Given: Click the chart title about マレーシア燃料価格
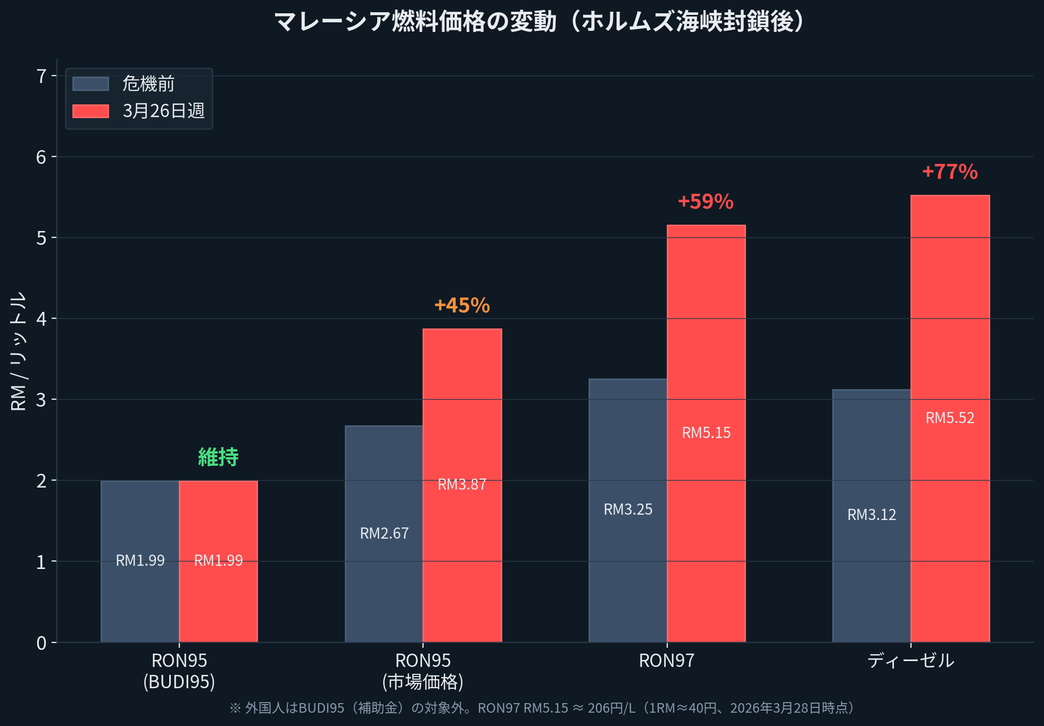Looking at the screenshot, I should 540,22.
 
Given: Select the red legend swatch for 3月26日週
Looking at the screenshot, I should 90,111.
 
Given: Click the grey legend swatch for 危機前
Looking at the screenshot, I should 90,84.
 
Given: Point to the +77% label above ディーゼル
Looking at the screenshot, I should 950,172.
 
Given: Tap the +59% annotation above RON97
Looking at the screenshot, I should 706,202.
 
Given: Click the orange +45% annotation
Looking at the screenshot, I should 462,306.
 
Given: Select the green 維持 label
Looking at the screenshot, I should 218,457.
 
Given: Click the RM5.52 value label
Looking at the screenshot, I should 950,418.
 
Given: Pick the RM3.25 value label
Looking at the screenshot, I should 628,509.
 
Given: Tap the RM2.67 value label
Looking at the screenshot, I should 384,533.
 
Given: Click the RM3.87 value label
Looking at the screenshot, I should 462,484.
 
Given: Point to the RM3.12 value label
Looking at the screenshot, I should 872,515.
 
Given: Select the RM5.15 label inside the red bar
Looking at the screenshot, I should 706,433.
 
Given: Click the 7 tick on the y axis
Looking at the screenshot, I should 41,77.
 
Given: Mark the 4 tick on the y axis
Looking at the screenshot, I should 41,319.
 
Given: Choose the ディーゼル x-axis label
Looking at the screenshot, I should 910,661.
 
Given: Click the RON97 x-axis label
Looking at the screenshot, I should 667,661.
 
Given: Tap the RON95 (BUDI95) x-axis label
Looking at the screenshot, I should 179,671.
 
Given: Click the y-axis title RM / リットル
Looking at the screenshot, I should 19,351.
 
